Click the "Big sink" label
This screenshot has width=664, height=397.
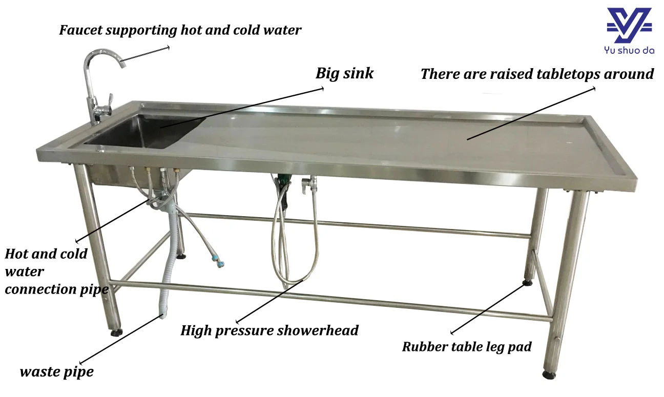(344, 73)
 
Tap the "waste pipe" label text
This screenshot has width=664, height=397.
(56, 372)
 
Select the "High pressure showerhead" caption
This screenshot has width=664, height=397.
(269, 330)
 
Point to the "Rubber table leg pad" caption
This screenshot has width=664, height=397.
(466, 347)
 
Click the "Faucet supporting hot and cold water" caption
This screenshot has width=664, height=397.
(180, 30)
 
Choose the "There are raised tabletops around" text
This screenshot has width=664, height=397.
(537, 74)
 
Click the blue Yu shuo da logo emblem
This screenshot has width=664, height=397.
(629, 25)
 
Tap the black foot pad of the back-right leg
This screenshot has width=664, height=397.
(527, 282)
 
